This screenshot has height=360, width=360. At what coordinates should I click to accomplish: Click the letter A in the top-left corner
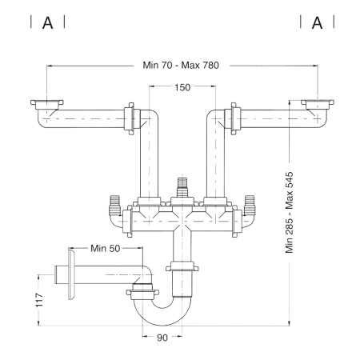48,23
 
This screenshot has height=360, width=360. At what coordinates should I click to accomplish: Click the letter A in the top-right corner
317,23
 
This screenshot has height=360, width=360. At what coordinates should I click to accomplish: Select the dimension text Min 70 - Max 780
181,65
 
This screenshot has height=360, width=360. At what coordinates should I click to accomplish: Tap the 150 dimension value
182,87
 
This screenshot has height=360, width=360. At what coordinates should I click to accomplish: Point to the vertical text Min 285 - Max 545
290,212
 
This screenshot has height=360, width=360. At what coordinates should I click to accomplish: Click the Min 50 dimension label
106,248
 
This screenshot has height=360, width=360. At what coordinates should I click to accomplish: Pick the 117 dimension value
39,300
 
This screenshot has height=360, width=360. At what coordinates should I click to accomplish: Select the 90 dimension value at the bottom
162,338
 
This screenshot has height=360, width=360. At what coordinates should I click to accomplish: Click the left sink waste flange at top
47,105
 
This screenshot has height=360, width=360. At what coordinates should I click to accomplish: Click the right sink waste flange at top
318,105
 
